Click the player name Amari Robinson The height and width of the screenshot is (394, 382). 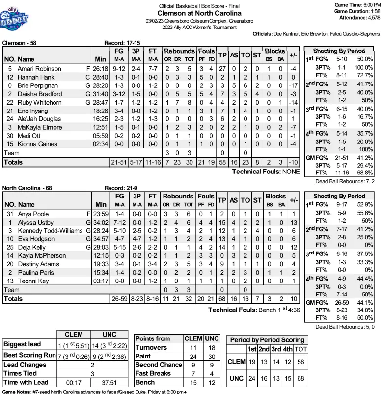click(39, 69)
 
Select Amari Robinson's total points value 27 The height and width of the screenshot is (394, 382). click(222, 69)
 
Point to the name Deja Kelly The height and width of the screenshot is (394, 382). click(33, 248)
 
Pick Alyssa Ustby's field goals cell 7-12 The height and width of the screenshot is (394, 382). click(119, 223)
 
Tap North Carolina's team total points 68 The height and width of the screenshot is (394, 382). click(222, 299)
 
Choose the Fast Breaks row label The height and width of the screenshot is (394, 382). click(153, 373)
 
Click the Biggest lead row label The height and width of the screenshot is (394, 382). click(22, 344)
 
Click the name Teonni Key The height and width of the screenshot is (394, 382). click(33, 281)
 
